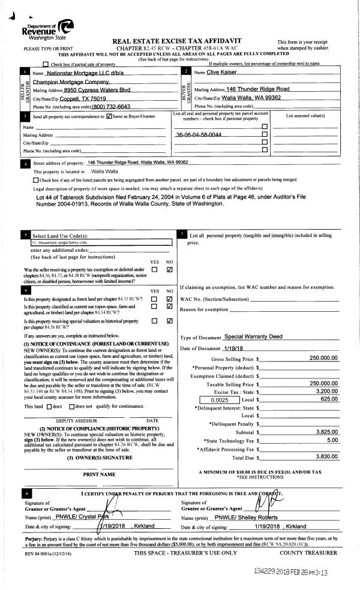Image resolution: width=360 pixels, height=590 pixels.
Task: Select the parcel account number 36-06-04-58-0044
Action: [200, 135]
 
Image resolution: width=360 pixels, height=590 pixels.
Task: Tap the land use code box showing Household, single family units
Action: [101, 242]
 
